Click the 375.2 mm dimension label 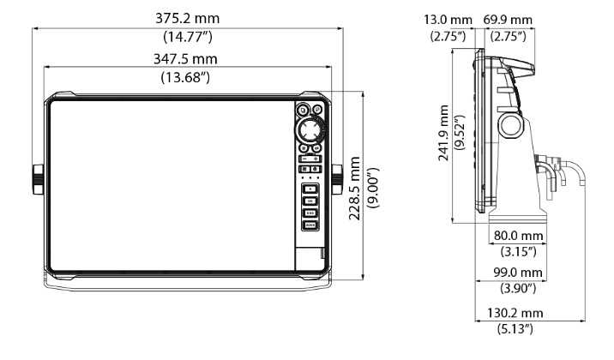187,18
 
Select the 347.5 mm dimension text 185,59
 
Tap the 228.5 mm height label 355,189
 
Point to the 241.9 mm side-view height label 443,133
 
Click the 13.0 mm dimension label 448,20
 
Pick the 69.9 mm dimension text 508,20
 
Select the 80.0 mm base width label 519,236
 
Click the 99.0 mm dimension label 518,273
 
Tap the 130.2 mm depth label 515,313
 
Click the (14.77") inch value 188,37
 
